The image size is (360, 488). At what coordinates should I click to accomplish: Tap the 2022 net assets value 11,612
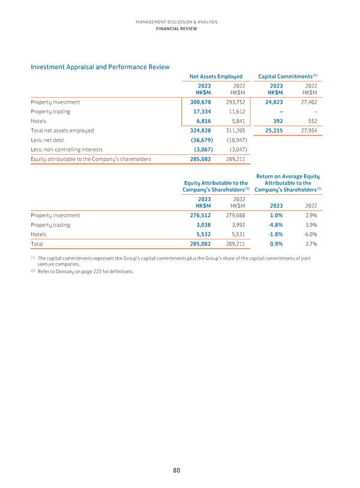pyautogui.click(x=233, y=112)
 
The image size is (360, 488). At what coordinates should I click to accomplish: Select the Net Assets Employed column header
pyautogui.click(x=215, y=77)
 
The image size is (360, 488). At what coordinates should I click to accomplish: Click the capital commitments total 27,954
pyautogui.click(x=307, y=130)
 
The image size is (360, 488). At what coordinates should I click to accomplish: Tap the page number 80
pyautogui.click(x=177, y=471)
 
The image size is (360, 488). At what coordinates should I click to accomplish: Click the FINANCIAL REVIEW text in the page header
pyautogui.click(x=176, y=28)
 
